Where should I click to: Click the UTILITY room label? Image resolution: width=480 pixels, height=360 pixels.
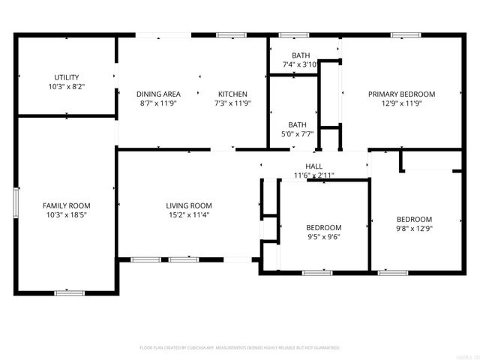[66, 77]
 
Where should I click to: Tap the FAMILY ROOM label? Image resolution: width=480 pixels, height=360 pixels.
[66, 205]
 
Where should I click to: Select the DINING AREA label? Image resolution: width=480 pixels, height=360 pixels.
[158, 94]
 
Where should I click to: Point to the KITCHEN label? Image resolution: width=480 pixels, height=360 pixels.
[231, 94]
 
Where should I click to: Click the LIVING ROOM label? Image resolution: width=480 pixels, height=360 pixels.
[189, 205]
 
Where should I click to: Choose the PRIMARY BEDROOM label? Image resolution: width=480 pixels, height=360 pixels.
[401, 94]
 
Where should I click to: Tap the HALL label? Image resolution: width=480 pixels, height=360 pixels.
[313, 166]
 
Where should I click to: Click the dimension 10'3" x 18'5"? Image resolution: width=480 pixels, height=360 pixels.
[66, 214]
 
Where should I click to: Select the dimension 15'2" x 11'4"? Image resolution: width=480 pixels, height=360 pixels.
[189, 214]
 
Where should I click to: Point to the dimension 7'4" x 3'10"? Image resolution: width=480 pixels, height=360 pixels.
[301, 64]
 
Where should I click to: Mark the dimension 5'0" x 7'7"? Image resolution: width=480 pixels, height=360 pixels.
[298, 134]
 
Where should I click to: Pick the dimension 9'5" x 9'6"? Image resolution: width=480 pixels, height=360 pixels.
[324, 237]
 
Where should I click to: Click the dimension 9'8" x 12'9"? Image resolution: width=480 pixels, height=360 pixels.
[414, 229]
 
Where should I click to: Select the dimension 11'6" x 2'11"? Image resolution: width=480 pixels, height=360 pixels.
[313, 175]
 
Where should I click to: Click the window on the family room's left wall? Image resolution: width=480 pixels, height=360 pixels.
[15, 202]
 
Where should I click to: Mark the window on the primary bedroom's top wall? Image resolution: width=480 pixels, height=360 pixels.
[405, 34]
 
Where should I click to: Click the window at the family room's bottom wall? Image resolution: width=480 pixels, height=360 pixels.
[65, 292]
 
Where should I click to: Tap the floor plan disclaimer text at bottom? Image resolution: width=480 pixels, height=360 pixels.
[240, 348]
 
